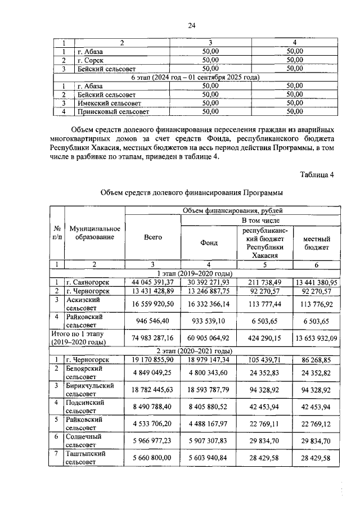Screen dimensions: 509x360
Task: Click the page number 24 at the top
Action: pyautogui.click(x=191, y=25)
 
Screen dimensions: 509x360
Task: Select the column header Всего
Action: pyautogui.click(x=152, y=238)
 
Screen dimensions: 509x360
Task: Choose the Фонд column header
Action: pyautogui.click(x=209, y=243)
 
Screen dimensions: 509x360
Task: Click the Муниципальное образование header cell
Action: pyautogui.click(x=94, y=233)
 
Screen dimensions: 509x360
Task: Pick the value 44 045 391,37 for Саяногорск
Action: pyautogui.click(x=152, y=282)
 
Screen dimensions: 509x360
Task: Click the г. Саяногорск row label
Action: pyautogui.click(x=94, y=282)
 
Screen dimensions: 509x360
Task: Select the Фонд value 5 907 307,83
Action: pyautogui.click(x=209, y=440)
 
